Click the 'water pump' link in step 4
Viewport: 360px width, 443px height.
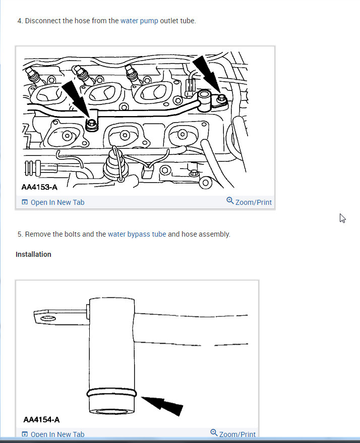139,21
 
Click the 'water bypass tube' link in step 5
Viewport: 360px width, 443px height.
137,234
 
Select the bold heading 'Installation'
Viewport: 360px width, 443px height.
33,254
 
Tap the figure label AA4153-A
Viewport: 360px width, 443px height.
39,187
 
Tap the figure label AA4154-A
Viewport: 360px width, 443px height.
41,419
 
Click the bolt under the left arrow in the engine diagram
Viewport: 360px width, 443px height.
91,124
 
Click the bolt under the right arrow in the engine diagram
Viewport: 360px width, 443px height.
220,99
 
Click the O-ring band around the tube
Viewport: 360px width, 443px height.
111,392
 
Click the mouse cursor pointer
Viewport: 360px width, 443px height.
342,218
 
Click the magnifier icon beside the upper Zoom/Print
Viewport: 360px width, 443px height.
230,201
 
